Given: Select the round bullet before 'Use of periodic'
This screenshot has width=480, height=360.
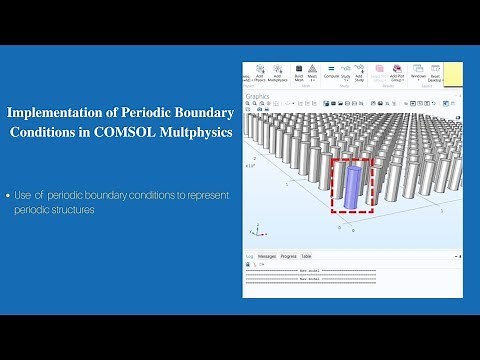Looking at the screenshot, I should coord(10,195).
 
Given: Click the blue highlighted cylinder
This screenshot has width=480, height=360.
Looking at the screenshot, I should coord(352,187).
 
